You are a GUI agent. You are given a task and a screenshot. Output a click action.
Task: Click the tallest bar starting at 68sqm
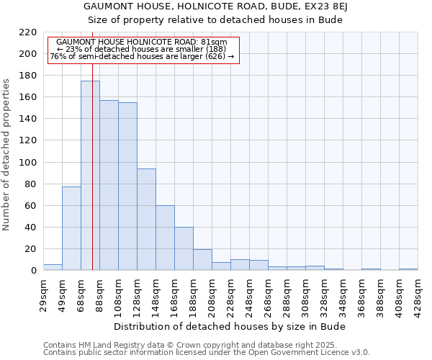pos(90,176)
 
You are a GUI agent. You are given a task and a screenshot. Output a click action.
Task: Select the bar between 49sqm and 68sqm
pos(71,228)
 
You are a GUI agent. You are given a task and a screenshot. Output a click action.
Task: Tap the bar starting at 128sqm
pos(146,220)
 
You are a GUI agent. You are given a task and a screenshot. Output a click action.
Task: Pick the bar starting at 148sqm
pos(165,238)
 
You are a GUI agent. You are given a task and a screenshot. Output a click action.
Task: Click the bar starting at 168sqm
pos(184,248)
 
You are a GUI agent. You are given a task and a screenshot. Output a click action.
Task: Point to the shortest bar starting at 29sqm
pos(53,267)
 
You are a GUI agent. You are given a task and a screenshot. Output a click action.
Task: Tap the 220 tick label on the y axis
pos(28,32)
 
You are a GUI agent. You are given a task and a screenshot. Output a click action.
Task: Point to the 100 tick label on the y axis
pos(28,163)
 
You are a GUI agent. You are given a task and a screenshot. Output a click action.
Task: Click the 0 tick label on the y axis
pos(34,271)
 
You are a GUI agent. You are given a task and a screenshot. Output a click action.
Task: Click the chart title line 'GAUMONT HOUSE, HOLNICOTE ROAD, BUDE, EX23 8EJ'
pos(215,6)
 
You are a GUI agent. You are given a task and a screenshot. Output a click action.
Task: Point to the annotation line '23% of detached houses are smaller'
pos(141,49)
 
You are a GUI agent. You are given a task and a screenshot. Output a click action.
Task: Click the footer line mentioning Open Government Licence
pos(207,352)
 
